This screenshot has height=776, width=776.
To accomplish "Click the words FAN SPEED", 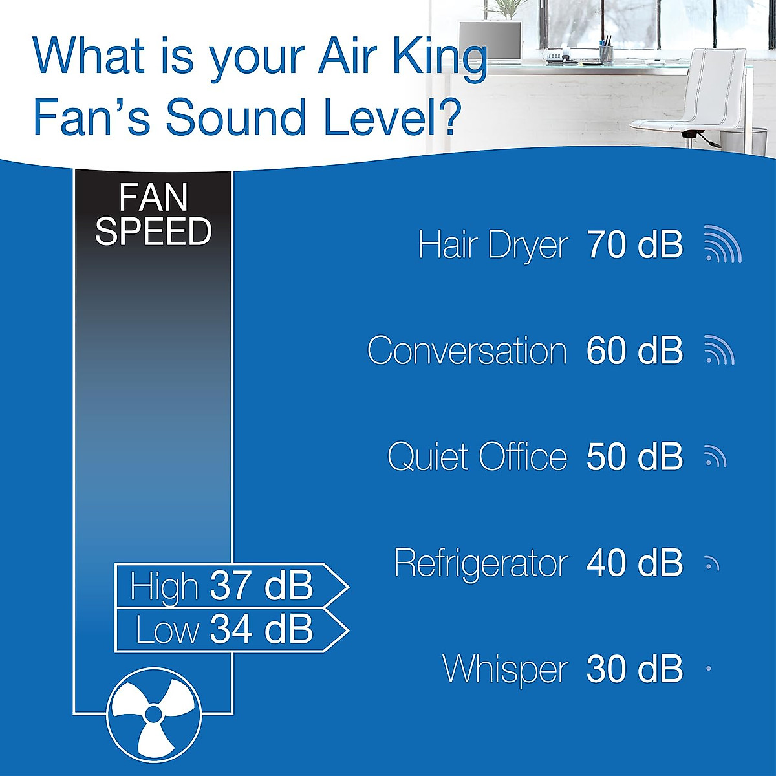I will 153,215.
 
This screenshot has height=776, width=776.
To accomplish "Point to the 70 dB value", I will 634,245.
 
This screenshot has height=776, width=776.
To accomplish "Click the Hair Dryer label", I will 493,246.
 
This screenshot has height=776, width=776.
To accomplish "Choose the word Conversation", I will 467,351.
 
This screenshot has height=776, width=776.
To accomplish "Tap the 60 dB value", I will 634,351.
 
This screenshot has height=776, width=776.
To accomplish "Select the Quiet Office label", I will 477,457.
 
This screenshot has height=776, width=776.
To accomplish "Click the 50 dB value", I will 634,457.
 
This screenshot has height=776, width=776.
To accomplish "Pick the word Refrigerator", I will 480,563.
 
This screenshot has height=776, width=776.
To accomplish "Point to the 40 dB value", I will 634,563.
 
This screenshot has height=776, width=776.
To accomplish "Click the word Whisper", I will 505,669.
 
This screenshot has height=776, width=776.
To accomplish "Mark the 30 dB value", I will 634,669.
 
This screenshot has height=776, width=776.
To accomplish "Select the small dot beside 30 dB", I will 709,669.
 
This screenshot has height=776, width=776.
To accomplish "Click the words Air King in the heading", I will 402,57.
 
